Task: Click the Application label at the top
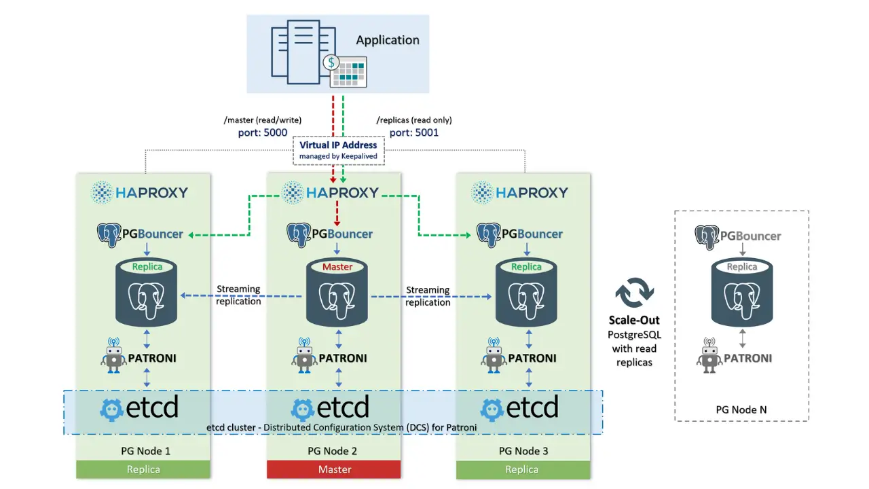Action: click(388, 40)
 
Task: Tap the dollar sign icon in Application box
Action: click(331, 62)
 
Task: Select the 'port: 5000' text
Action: click(262, 132)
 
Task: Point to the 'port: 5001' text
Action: click(414, 132)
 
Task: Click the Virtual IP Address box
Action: click(338, 150)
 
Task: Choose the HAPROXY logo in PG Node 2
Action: click(330, 192)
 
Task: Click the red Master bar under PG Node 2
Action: click(334, 469)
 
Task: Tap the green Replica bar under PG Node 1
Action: click(143, 469)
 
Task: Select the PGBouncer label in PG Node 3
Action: click(520, 234)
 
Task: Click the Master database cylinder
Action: click(337, 292)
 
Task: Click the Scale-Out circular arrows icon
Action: click(634, 293)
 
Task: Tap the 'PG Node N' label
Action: click(741, 410)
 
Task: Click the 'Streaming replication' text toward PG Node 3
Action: click(428, 296)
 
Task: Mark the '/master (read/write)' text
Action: click(262, 120)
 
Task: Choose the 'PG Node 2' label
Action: click(333, 451)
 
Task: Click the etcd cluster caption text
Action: click(341, 427)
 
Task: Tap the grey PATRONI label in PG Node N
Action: click(748, 357)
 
